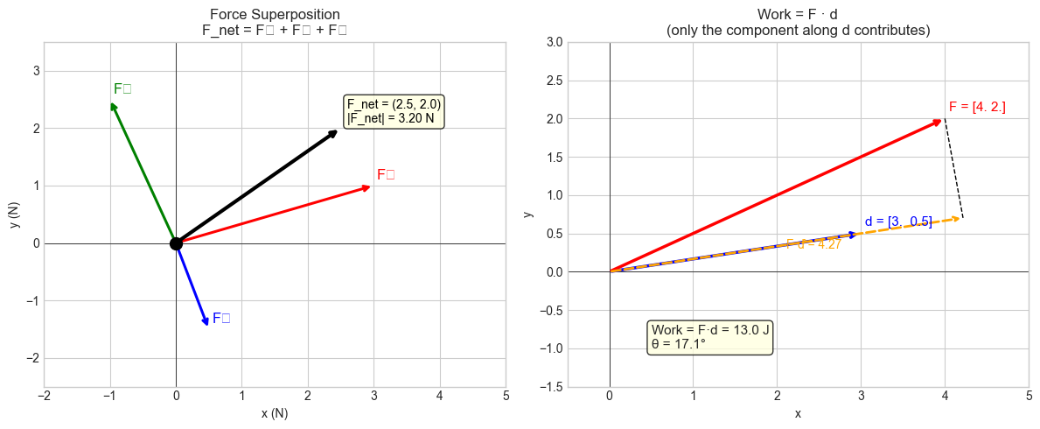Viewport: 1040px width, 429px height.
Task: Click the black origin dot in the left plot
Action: click(176, 243)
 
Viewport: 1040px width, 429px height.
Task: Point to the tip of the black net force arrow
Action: click(337, 131)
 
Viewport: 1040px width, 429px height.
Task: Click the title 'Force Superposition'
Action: click(275, 14)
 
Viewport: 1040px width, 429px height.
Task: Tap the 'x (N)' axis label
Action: click(275, 413)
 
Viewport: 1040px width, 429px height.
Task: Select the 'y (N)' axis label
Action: click(15, 214)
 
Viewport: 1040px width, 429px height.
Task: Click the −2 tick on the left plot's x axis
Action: click(45, 396)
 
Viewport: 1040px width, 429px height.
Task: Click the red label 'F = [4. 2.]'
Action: click(976, 107)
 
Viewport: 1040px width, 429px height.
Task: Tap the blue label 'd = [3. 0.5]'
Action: click(898, 222)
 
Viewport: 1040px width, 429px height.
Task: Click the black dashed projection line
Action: click(954, 171)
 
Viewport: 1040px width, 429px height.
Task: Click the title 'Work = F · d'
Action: click(797, 14)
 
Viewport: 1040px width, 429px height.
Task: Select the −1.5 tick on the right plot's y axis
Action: click(573, 387)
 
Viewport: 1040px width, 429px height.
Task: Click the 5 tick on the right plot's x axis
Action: click(1029, 396)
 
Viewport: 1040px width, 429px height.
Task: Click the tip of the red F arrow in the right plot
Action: click(941, 120)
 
